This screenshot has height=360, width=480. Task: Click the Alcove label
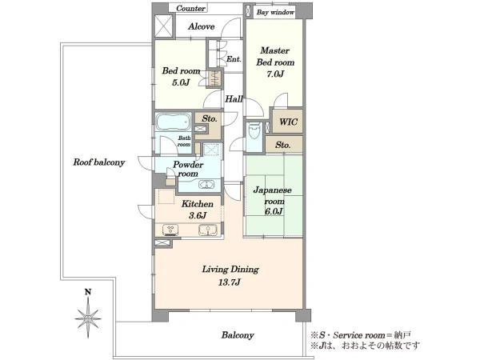point(201,26)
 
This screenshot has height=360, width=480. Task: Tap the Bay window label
point(275,12)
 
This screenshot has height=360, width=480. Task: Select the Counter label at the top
point(190,8)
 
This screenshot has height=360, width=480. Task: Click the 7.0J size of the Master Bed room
point(275,74)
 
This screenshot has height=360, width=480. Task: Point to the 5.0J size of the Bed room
point(181,82)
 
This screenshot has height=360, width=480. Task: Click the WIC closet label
point(288,122)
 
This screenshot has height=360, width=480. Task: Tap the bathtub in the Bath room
point(174,122)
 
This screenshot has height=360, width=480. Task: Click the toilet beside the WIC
point(254,131)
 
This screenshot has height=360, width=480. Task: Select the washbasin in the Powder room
point(206,185)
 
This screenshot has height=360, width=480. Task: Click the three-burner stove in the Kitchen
point(171,230)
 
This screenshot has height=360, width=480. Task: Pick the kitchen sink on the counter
point(207,230)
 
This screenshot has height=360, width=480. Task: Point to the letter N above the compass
point(88,292)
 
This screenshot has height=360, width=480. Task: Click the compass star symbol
point(88,318)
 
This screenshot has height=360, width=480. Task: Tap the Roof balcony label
point(99,162)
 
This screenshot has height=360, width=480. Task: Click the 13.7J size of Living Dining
point(230,282)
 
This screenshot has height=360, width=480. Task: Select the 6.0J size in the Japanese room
point(274,211)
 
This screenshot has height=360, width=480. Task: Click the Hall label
point(234,99)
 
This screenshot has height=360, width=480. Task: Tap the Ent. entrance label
point(234,58)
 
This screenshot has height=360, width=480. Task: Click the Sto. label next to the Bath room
point(210,118)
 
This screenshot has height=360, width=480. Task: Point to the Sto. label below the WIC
point(283,145)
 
